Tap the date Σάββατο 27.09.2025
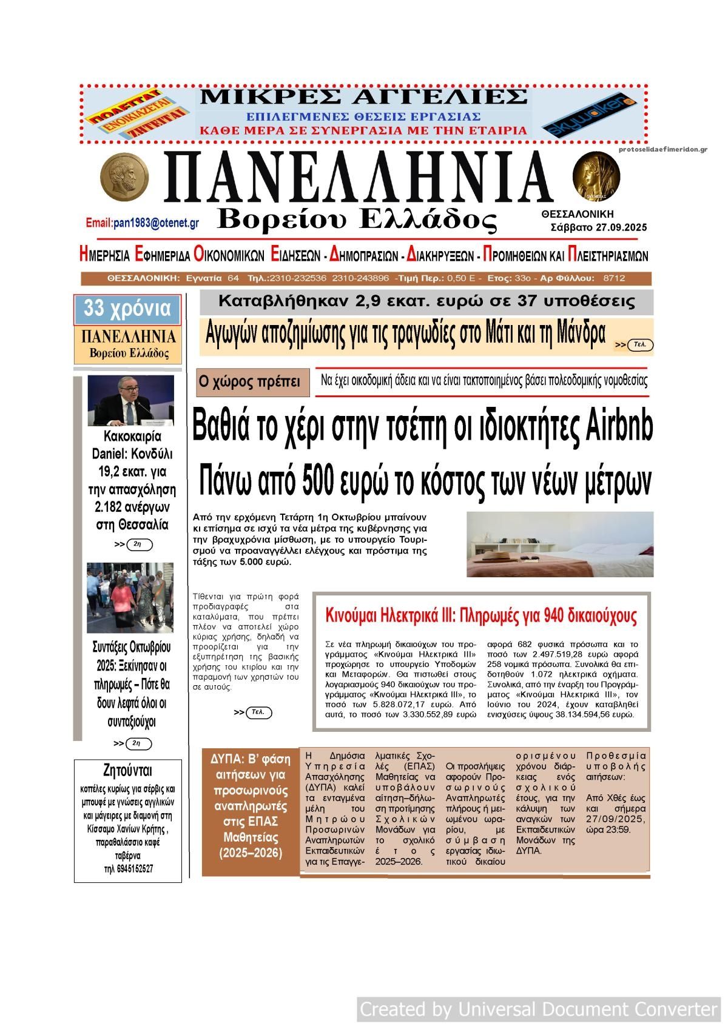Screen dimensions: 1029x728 point(598,228)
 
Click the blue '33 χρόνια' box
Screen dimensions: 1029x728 point(127,309)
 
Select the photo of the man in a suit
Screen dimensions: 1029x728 point(130,401)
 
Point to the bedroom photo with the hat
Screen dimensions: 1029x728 point(560,544)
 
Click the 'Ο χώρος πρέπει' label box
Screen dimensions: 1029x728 point(249,382)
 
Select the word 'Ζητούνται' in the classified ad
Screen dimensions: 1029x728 point(128,771)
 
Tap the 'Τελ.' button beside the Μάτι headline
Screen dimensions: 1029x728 point(639,345)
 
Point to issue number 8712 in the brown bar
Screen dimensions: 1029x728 point(614,278)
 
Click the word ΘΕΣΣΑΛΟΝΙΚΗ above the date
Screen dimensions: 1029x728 point(577,214)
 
